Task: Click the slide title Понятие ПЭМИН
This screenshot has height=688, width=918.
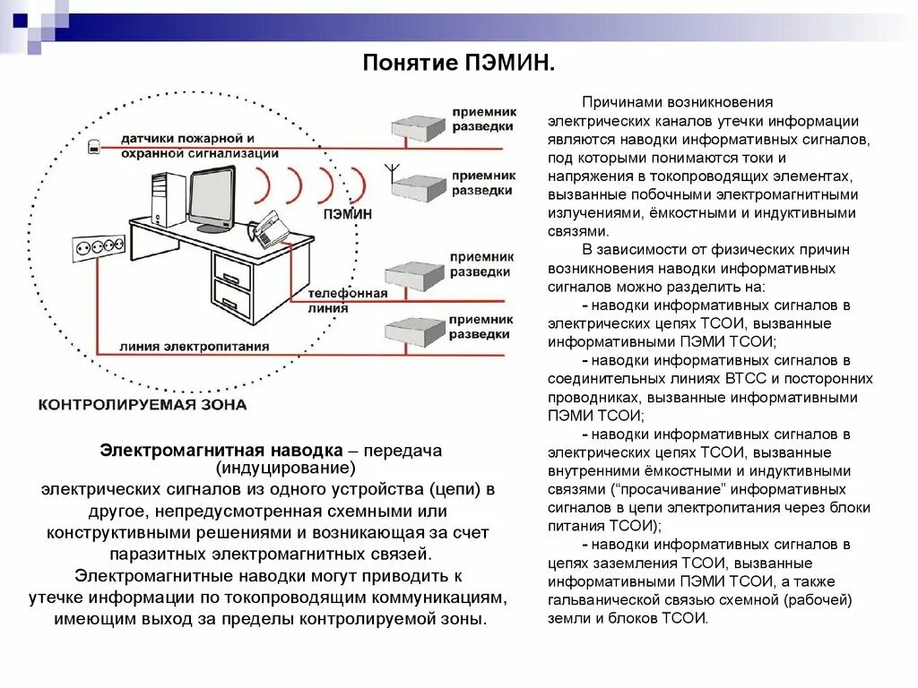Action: coord(458,64)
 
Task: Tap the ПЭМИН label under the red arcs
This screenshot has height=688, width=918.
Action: coord(346,215)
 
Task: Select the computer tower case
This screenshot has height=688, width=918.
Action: coord(168,198)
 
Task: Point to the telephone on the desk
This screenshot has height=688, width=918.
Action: coord(267,229)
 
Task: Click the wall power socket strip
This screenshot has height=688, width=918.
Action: coord(97,245)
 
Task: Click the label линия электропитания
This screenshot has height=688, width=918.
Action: coord(194,347)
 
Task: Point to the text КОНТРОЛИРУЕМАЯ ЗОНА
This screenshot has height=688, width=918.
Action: coord(142,405)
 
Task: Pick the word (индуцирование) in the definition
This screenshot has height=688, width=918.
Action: coord(285,469)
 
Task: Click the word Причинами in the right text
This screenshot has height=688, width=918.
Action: coord(620,103)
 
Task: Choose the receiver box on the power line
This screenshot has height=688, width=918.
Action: coord(414,331)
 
